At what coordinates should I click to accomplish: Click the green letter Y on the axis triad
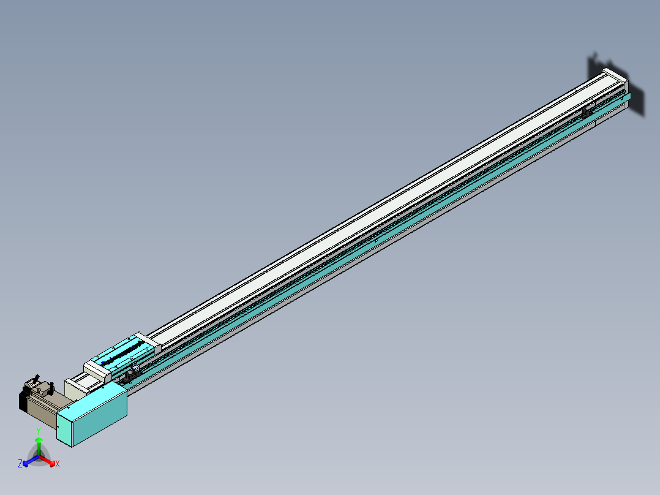(x=39, y=431)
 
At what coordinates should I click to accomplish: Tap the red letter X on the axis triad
(x=58, y=464)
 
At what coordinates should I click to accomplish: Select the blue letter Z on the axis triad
(x=20, y=464)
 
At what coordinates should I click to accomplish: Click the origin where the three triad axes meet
(x=39, y=456)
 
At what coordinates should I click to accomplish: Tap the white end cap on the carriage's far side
(x=149, y=342)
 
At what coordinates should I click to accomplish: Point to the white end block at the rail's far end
(x=614, y=80)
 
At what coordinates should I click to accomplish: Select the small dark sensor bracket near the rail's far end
(x=586, y=113)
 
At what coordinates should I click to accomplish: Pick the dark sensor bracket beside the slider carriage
(x=129, y=377)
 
